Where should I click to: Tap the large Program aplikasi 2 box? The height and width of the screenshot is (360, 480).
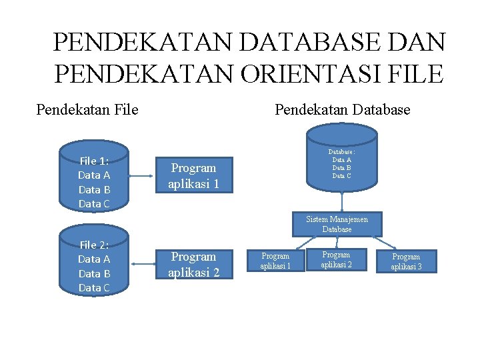[x=193, y=264]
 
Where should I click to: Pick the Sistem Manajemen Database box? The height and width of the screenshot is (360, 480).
[x=337, y=224]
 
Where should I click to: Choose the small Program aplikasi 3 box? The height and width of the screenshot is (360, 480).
[x=406, y=261]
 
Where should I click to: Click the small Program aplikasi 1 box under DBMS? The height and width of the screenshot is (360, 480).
[x=275, y=261]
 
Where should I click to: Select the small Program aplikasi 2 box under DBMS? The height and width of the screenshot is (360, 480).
[x=336, y=259]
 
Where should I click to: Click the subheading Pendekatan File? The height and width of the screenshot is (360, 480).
[x=87, y=109]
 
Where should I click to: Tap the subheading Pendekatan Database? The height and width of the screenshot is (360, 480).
[x=343, y=109]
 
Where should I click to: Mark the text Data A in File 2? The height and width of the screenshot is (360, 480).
[x=94, y=259]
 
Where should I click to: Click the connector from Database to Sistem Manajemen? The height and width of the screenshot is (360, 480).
[x=341, y=201]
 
